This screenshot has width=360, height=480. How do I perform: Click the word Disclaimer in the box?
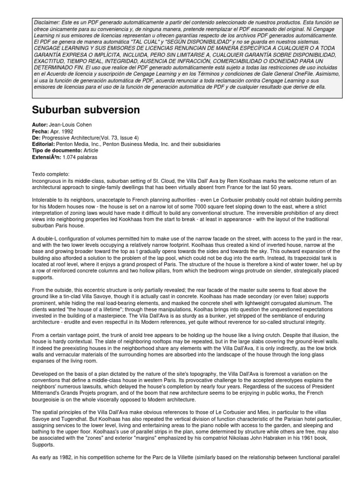coord(44,22)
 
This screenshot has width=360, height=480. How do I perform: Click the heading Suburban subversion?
coord(86,110)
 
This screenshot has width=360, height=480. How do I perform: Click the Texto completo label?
coord(50,174)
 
